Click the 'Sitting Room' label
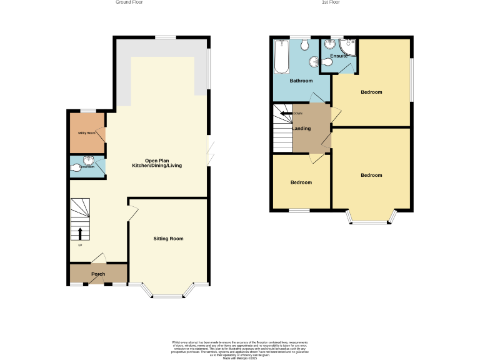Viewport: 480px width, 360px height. point(169,239)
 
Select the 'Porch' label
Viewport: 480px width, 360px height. point(98,274)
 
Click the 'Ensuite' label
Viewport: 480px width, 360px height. point(339,56)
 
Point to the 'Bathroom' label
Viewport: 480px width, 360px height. point(301,81)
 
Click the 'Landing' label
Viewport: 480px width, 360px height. point(302,128)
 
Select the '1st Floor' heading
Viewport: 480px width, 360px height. point(331,2)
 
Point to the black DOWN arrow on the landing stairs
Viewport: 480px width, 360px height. point(285,113)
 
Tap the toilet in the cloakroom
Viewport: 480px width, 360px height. point(76,167)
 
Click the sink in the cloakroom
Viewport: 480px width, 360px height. point(92,161)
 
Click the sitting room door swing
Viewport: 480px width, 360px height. point(132,214)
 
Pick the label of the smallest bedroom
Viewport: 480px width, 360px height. point(301,182)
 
